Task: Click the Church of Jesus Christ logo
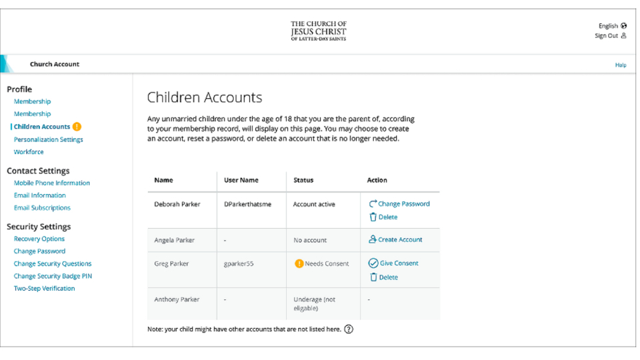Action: click(x=319, y=31)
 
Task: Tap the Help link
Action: click(x=620, y=65)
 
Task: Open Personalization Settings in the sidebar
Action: click(x=48, y=139)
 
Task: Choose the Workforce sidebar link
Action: click(x=29, y=152)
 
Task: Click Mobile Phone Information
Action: click(x=51, y=183)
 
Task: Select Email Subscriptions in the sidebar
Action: click(x=42, y=208)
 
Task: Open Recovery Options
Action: click(x=39, y=239)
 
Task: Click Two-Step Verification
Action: click(x=44, y=289)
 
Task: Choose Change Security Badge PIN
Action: click(x=53, y=276)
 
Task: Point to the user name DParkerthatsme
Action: click(x=248, y=204)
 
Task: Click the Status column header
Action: click(x=303, y=180)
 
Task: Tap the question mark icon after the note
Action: click(x=349, y=329)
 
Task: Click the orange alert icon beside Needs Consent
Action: click(x=299, y=263)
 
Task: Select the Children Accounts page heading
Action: click(x=204, y=97)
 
